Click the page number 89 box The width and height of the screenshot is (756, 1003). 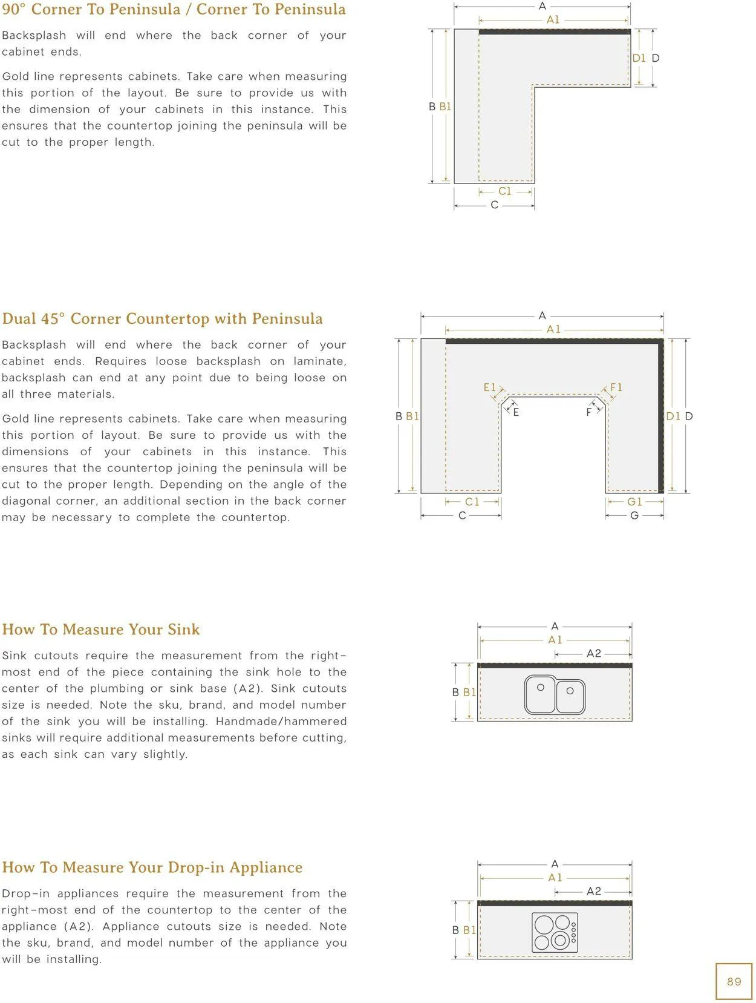(733, 981)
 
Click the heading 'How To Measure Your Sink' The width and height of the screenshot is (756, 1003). (101, 629)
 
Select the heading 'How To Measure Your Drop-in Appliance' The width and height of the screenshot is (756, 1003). (152, 867)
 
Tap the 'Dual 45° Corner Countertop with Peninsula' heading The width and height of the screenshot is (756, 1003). (162, 318)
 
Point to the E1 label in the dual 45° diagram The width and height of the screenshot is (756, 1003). (489, 387)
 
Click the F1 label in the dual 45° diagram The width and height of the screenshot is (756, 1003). (616, 387)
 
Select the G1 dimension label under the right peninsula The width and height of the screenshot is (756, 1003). (634, 501)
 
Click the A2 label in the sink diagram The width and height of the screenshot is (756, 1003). (593, 654)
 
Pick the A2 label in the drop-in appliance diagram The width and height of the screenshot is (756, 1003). (593, 890)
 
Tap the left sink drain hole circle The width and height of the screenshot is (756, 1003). (541, 687)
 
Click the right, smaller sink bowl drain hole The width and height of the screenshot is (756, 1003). (570, 691)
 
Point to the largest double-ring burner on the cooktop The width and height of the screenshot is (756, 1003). (559, 940)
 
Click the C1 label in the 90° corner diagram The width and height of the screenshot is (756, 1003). (504, 191)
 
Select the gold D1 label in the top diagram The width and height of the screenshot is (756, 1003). (639, 58)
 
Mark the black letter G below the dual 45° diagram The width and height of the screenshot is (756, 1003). (634, 516)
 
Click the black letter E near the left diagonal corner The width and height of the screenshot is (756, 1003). (516, 412)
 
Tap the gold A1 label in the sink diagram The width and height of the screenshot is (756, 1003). (555, 640)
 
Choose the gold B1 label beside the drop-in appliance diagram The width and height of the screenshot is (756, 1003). (469, 930)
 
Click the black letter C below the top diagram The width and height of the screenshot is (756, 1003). (494, 205)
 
